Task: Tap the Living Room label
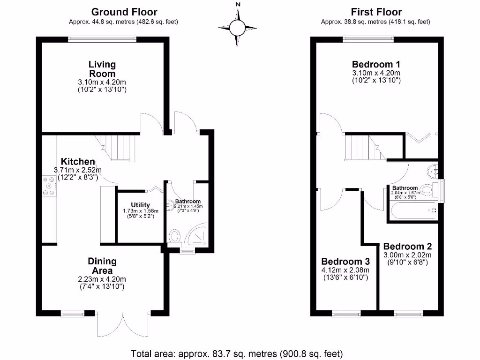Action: tap(102, 69)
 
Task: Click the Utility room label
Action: tap(140, 205)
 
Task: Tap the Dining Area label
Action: tap(102, 266)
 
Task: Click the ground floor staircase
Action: tap(117, 146)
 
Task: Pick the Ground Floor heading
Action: tap(124, 12)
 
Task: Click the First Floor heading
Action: tap(376, 12)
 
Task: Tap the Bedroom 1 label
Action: tap(376, 64)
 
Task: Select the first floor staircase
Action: tap(363, 146)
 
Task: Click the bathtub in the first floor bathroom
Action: tap(412, 211)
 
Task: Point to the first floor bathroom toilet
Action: tap(427, 190)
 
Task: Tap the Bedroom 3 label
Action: tap(345, 261)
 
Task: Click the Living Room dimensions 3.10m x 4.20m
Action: tap(102, 82)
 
